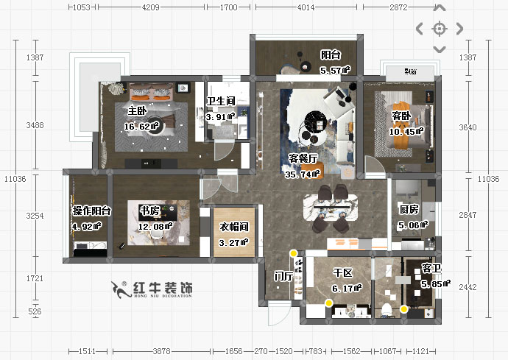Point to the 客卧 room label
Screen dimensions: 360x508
[x=401, y=116]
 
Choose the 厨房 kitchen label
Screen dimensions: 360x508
[x=409, y=210]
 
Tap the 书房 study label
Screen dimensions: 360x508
[x=150, y=211]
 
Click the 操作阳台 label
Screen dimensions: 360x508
[x=91, y=211]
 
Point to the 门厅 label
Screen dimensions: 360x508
[x=283, y=276]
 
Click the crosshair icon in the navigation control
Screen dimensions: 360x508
[x=440, y=29]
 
